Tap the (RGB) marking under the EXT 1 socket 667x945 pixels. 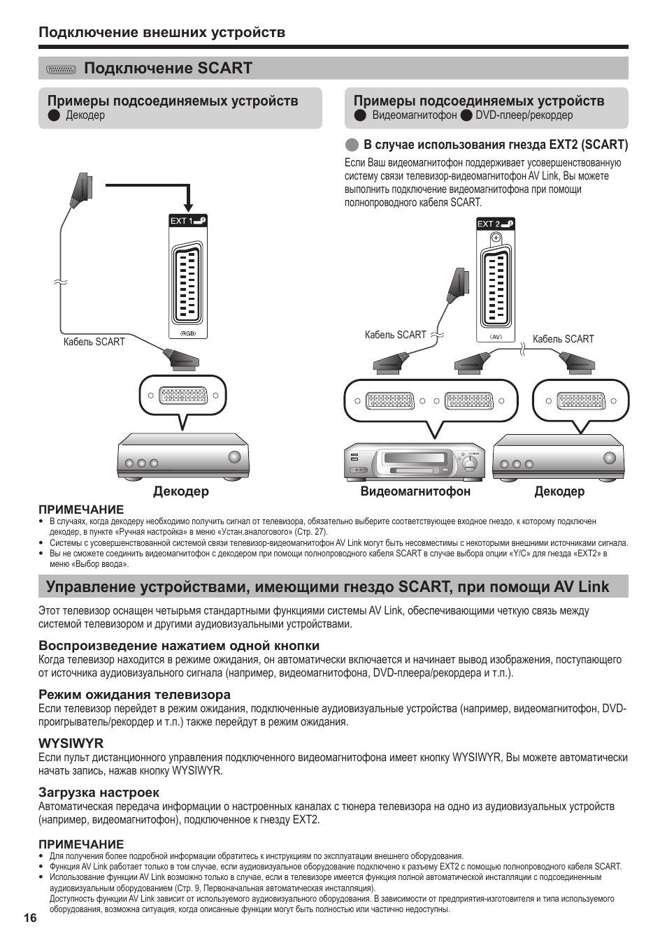(188, 333)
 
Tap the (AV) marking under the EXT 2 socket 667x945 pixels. (496, 336)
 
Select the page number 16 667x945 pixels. (29, 918)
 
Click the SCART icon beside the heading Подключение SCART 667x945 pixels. (61, 69)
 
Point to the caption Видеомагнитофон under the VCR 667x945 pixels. (415, 491)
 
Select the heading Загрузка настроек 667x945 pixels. (99, 792)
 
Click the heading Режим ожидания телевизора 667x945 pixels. (134, 694)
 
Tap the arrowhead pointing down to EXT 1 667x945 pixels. (188, 207)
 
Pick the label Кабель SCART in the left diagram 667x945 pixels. (94, 342)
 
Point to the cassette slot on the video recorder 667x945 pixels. (418, 461)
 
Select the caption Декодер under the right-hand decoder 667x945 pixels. (559, 491)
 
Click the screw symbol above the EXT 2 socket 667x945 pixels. (496, 238)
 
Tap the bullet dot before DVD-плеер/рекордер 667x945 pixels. (466, 115)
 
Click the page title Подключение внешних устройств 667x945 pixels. (162, 32)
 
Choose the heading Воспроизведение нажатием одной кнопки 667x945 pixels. (178, 645)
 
